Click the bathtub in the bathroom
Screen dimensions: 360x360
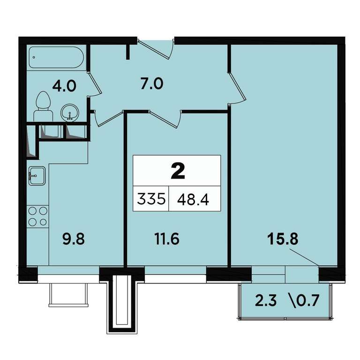[x=56, y=57]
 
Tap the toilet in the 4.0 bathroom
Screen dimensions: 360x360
[x=43, y=106]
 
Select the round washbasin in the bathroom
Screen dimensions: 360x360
[x=70, y=112]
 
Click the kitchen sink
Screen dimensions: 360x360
[x=37, y=176]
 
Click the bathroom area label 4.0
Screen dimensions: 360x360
[x=64, y=87]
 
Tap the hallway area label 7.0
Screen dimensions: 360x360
[x=152, y=83]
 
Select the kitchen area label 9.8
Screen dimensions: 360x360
[x=74, y=239]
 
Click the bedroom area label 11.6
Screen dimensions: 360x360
[x=167, y=239]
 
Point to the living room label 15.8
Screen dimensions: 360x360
[x=283, y=239]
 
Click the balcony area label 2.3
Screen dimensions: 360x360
[x=266, y=301]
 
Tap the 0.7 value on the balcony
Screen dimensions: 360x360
[x=308, y=300]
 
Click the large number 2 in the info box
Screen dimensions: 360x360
[x=178, y=172]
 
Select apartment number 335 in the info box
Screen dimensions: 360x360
[x=151, y=199]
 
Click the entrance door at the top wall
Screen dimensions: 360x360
[x=156, y=49]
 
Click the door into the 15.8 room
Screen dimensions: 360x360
[x=237, y=88]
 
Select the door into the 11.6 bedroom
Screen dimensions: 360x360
[x=165, y=119]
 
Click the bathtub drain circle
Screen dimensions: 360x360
[x=34, y=57]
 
